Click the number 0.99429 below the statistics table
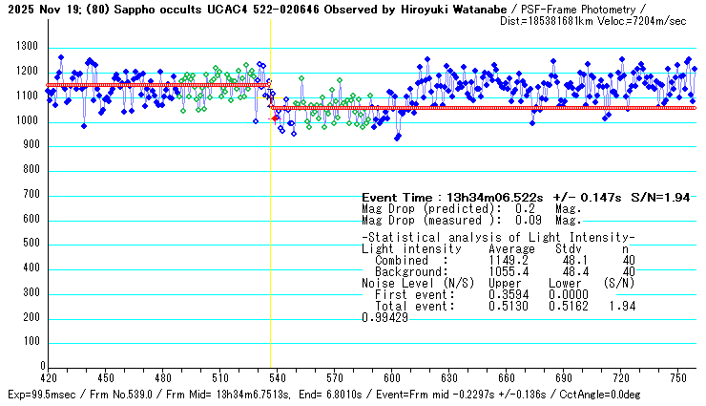(385, 317)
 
